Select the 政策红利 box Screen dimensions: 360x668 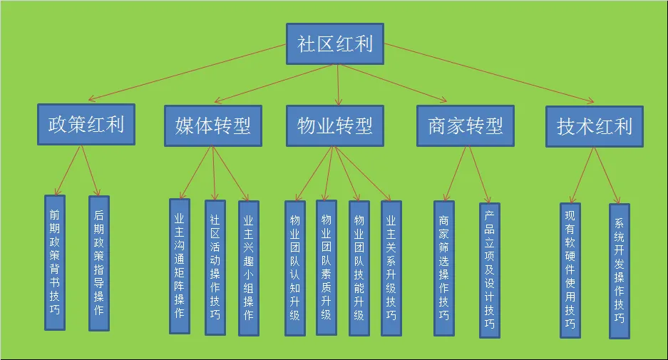tap(86, 125)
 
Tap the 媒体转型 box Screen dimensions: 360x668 tap(212, 126)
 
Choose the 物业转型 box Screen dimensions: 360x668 tap(334, 126)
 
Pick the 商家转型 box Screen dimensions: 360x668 tap(466, 126)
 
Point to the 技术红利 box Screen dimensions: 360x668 tap(595, 127)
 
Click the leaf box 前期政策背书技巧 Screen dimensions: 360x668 tap(55, 262)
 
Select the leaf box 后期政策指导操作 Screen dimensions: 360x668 tap(99, 263)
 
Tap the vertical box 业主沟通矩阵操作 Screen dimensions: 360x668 tap(180, 266)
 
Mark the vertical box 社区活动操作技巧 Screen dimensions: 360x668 tap(215, 267)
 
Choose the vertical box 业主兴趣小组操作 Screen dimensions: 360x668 tap(248, 268)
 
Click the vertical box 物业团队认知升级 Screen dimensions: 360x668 tap(295, 268)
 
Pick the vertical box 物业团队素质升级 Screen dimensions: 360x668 tap(327, 267)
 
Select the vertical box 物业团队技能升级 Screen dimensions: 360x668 tap(359, 268)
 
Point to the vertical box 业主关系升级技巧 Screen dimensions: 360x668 tap(391, 268)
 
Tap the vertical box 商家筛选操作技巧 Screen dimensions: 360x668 tap(444, 268)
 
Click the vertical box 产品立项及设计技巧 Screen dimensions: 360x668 tap(490, 270)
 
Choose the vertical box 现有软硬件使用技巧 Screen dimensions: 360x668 tap(570, 270)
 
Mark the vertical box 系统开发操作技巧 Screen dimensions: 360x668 tap(620, 272)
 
